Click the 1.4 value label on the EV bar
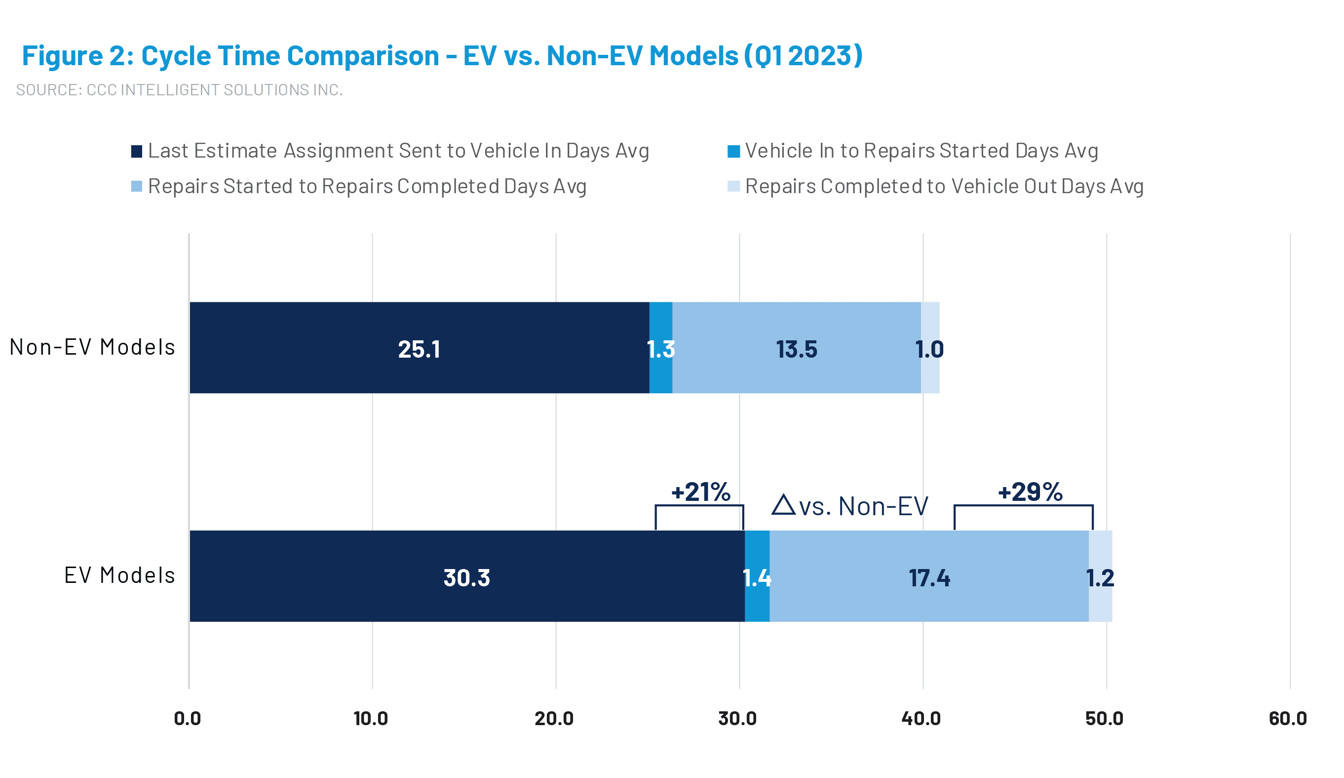[757, 578]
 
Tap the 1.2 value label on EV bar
[1100, 578]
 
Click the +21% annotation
[700, 491]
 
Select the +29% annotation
[1030, 491]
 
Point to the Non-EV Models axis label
[92, 347]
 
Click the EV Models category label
[119, 575]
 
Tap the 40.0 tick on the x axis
[921, 718]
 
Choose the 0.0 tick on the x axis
[188, 718]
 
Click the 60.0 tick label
[1287, 718]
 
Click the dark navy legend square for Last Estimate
[137, 152]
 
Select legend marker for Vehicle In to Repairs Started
[733, 152]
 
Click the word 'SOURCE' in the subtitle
[47, 89]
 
